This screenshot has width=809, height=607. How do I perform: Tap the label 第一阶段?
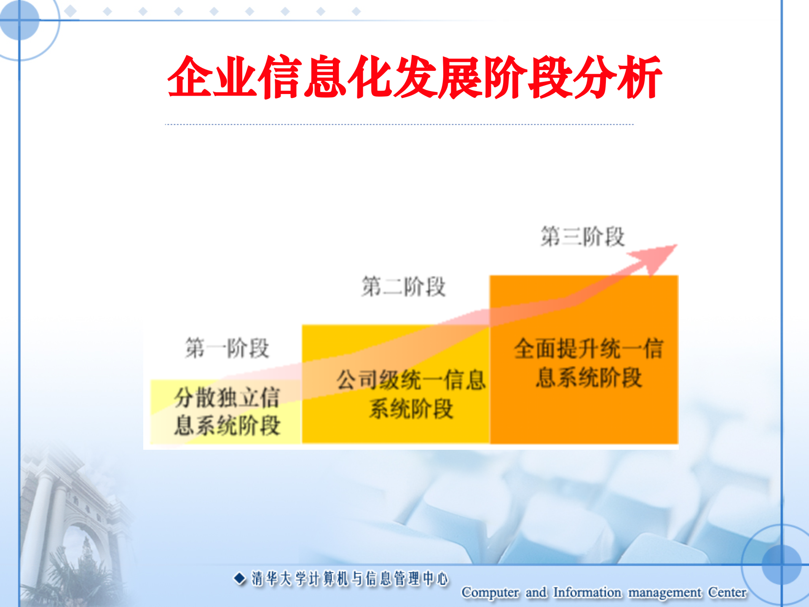point(227,348)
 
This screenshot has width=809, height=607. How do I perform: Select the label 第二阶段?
point(404,287)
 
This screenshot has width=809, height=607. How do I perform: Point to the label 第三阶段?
point(583,236)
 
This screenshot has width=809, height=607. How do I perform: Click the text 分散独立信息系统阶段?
point(227,411)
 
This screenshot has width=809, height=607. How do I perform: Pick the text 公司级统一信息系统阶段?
point(411,395)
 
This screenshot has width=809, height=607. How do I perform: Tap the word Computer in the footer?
point(490,592)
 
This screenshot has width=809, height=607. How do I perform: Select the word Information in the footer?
point(587,592)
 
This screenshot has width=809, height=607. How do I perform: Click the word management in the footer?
point(665,593)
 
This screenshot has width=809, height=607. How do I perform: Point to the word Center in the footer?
point(727,592)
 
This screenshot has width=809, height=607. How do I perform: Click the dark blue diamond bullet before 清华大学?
point(239,578)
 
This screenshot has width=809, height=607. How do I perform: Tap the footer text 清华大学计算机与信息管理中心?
point(350,579)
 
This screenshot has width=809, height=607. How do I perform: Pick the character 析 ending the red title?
point(640,77)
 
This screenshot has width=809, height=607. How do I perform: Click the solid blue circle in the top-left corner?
point(19,20)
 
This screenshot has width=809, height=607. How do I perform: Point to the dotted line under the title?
point(399,124)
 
